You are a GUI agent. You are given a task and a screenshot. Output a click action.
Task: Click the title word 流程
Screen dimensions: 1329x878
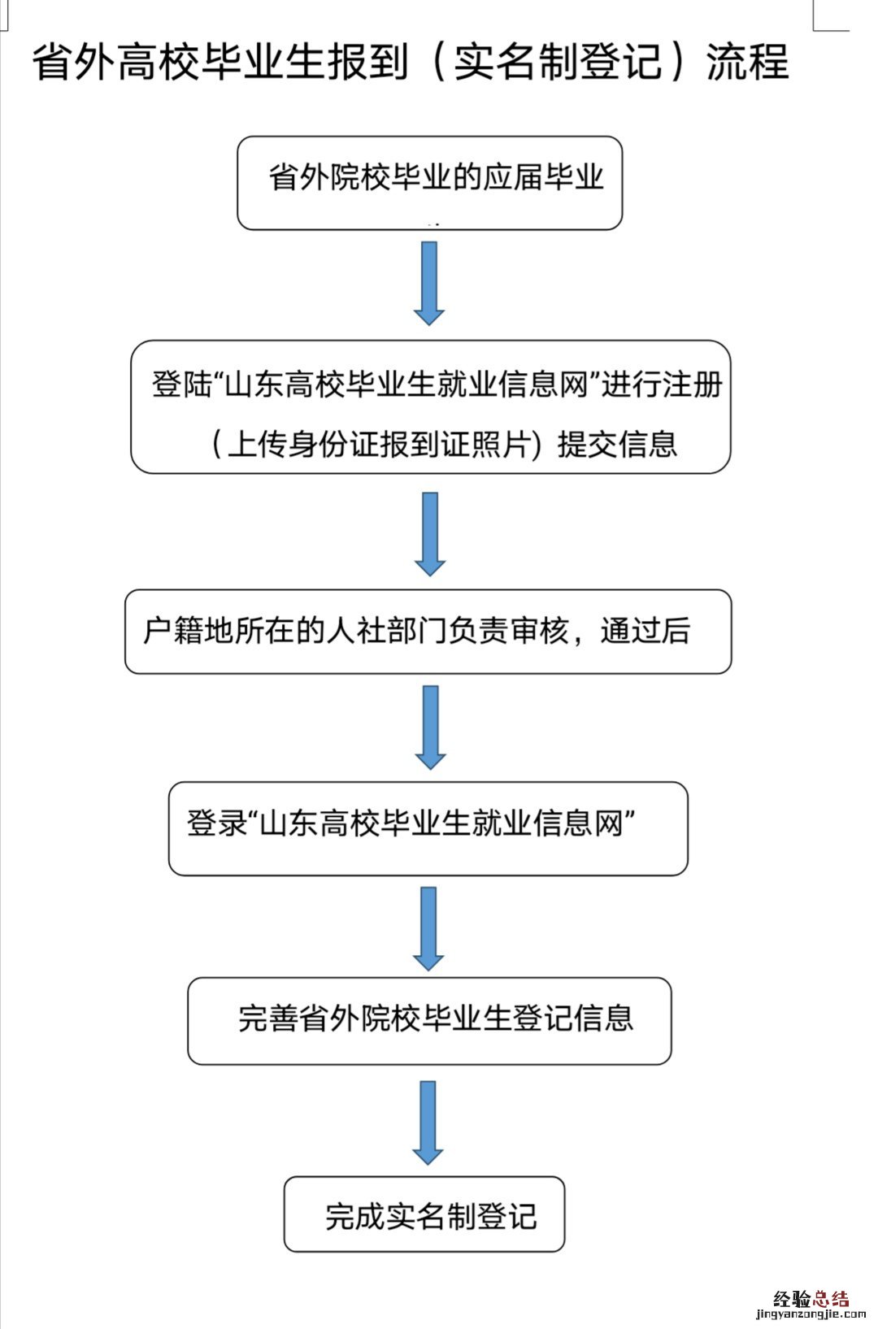pos(747,62)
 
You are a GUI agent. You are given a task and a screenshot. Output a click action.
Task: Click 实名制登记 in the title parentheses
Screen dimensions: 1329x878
pos(558,62)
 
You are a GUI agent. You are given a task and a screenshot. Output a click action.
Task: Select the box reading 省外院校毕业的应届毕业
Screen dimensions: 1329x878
pos(429,183)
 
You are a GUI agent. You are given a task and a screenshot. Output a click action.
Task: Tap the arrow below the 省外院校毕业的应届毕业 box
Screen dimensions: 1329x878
pos(428,282)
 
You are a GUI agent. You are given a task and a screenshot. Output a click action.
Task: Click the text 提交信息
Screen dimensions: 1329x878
pos(617,444)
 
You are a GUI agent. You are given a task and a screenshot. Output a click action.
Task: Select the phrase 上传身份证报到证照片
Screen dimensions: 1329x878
pos(379,444)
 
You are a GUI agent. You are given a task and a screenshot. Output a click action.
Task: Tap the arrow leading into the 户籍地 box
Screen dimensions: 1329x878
pos(429,532)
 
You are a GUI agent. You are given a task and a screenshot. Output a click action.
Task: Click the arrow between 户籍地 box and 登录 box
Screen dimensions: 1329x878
pos(429,726)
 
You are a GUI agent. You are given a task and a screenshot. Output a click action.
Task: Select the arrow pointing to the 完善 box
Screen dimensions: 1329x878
pos(428,927)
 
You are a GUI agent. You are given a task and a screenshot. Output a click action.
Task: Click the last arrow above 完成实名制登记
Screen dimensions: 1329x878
pos(428,1122)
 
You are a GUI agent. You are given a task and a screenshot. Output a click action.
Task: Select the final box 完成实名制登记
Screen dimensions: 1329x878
pos(424,1214)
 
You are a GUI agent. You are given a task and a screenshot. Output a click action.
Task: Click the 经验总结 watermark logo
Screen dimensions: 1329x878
pos(811,1300)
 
